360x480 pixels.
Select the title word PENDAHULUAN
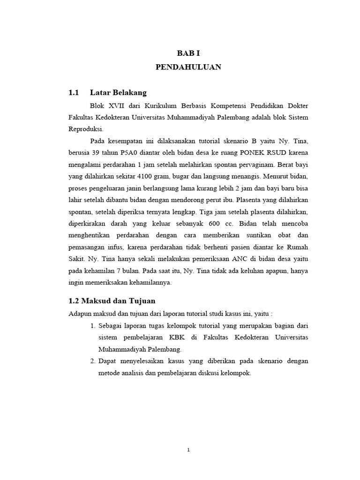[x=188, y=67]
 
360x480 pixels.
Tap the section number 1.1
[x=74, y=92]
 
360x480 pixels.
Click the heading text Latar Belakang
[x=118, y=92]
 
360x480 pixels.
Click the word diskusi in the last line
[x=208, y=374]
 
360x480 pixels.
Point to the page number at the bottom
[x=188, y=450]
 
